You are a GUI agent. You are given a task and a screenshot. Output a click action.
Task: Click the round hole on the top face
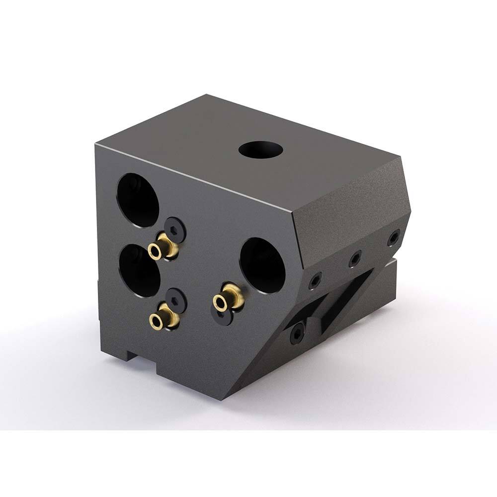point(260,149)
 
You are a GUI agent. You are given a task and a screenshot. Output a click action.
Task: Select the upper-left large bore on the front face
point(138,200)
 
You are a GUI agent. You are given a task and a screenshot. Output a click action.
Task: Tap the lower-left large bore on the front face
point(140,271)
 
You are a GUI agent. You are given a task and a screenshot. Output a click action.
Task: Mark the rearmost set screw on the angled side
point(394,238)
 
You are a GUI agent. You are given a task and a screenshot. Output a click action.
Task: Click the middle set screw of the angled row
point(355,258)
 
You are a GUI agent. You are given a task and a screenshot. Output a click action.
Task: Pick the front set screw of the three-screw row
point(315,282)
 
